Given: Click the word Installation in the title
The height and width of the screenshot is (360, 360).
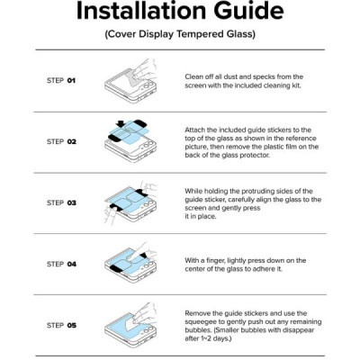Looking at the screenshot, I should [x=147, y=11].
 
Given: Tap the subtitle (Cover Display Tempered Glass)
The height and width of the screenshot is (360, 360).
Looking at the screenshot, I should [x=180, y=36].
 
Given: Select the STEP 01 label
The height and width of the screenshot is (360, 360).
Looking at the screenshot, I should [x=61, y=80].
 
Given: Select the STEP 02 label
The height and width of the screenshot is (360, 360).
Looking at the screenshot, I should [x=61, y=141].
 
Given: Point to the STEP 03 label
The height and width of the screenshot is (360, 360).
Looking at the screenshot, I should [x=61, y=202].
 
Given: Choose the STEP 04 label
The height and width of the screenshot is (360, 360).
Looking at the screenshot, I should [x=61, y=264].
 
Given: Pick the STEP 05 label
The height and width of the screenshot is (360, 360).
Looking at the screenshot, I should [x=61, y=325].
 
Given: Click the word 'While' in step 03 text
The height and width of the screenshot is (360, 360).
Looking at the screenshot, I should [x=193, y=191].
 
